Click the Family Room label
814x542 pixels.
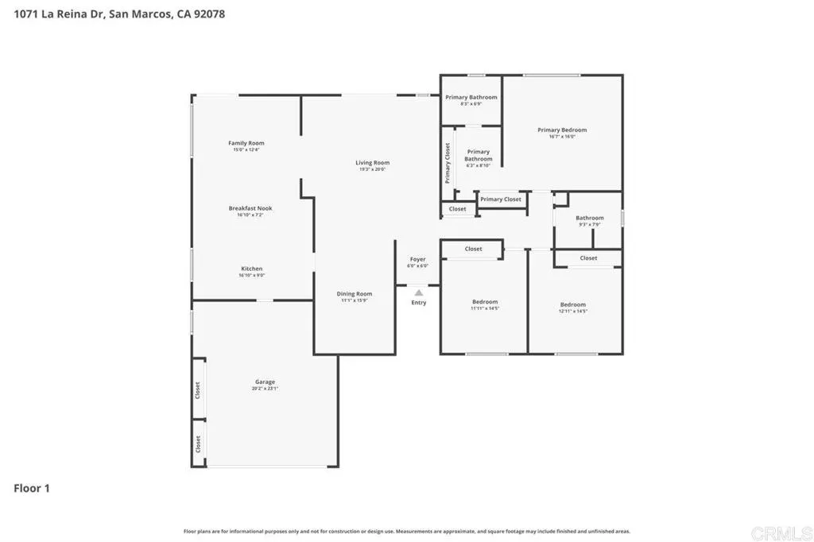246,143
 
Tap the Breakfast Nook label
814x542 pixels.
250,208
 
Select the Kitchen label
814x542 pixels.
251,269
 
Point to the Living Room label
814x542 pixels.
372,163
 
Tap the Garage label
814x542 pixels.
265,381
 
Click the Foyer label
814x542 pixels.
417,259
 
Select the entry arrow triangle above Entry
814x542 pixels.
419,292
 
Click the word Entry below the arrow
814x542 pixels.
419,303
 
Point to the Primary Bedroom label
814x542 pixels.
562,130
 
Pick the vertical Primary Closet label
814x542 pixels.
448,163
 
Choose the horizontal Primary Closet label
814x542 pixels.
501,199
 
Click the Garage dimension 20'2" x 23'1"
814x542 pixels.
265,389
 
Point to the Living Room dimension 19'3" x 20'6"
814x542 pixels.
372,169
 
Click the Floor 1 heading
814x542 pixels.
32,488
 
